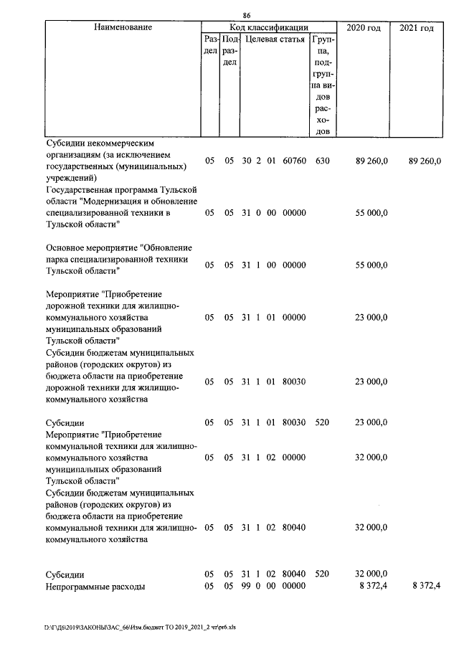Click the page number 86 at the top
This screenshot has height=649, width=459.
[246, 16]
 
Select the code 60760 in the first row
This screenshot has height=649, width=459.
[294, 162]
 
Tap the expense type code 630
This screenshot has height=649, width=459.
[322, 162]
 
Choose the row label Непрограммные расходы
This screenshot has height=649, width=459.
[95, 587]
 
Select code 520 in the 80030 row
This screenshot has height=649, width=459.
[322, 422]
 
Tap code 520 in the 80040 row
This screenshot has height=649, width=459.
[322, 574]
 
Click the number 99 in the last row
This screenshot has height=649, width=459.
[245, 587]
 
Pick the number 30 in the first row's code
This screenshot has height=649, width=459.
[245, 162]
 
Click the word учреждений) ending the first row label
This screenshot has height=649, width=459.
[69, 177]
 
